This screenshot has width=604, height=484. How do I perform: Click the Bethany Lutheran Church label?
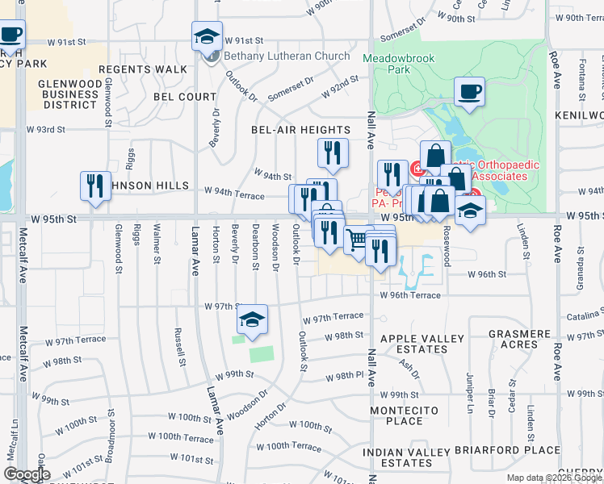287,56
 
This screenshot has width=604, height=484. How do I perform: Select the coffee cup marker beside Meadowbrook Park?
469,92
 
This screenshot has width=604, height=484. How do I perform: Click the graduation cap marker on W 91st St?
207,37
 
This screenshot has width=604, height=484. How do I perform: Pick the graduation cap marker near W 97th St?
253,319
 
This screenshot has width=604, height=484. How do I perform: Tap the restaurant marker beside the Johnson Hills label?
94,186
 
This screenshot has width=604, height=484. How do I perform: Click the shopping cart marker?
356,239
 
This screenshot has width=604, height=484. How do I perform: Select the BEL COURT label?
186,97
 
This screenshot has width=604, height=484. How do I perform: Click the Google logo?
27,474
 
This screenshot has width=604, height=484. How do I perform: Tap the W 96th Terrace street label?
410,295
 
